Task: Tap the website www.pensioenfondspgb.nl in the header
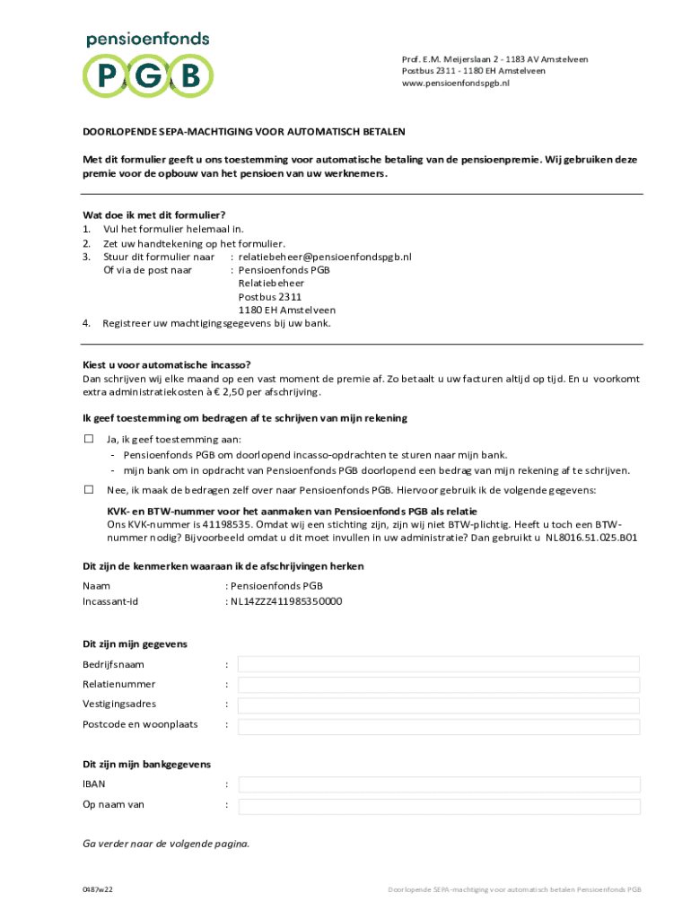pyautogui.click(x=456, y=82)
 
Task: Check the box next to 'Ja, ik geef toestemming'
pyautogui.click(x=89, y=439)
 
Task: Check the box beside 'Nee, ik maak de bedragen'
pyautogui.click(x=89, y=489)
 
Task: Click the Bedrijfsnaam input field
pyautogui.click(x=439, y=664)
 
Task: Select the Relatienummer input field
pyautogui.click(x=439, y=684)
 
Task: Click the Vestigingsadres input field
pyautogui.click(x=439, y=705)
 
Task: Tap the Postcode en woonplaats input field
pyautogui.click(x=439, y=725)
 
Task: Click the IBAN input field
pyautogui.click(x=439, y=784)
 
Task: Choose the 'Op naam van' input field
pyautogui.click(x=439, y=805)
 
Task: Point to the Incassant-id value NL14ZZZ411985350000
pyautogui.click(x=286, y=601)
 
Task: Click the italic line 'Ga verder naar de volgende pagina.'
pyautogui.click(x=166, y=844)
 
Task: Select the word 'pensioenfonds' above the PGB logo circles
pyautogui.click(x=147, y=39)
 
